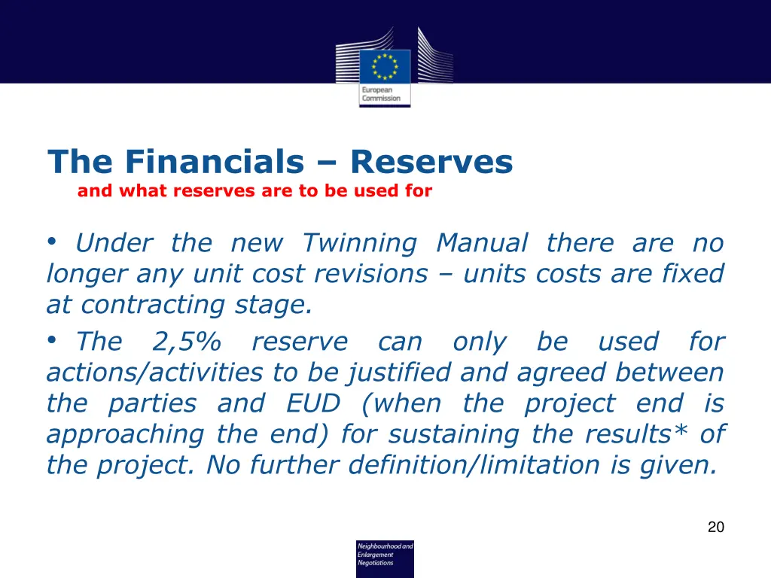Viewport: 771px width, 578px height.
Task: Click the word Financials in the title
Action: coord(215,162)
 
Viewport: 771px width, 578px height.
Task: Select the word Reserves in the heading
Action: coord(431,162)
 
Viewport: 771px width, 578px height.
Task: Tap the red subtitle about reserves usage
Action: coord(254,191)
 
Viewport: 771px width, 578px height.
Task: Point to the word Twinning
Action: coord(359,243)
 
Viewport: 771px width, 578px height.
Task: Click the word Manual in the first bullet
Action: coord(482,243)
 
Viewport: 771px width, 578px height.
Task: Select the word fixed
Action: coord(693,274)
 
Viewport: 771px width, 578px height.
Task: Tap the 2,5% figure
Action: coord(187,342)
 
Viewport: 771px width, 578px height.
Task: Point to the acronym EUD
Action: coord(313,404)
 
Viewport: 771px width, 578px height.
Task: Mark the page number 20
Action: coord(715,528)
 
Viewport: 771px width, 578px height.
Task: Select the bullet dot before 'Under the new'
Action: coord(52,242)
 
